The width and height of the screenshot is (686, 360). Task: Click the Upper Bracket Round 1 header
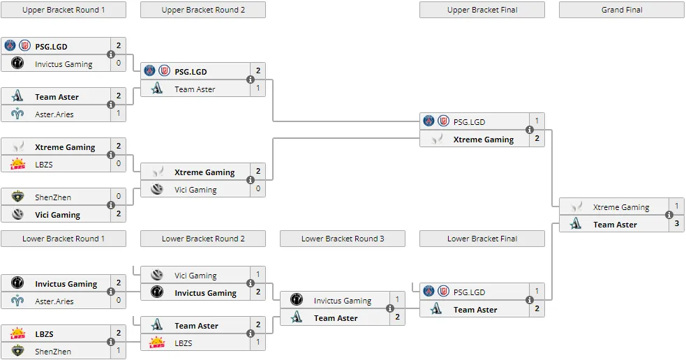[64, 10]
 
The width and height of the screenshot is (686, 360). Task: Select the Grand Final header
[622, 10]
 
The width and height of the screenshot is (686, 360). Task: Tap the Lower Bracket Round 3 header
[343, 239]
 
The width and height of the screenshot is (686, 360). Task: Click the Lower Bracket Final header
[482, 239]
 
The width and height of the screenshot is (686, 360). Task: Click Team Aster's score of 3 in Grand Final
[677, 223]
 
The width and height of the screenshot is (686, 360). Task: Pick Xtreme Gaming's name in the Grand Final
[621, 207]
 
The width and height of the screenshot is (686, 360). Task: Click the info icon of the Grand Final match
[669, 215]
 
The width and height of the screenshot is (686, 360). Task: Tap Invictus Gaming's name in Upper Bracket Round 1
[64, 64]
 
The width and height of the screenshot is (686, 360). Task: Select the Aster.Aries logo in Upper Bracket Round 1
[17, 114]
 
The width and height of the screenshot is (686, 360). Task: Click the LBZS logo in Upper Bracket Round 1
[17, 164]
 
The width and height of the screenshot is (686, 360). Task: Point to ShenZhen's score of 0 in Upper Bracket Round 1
[119, 196]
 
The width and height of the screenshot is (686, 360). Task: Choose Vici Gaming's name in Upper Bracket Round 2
[195, 190]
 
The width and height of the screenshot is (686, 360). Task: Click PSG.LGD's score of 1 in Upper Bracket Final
[537, 121]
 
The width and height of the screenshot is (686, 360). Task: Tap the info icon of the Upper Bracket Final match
[530, 130]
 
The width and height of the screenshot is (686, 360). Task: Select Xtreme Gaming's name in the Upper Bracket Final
[484, 140]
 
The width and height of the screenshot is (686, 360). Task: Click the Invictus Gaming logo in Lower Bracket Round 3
[297, 299]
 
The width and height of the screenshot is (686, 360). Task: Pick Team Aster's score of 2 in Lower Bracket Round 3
[397, 317]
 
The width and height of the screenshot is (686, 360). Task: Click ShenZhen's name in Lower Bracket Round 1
[53, 351]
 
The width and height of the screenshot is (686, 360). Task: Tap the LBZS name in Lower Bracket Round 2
[184, 343]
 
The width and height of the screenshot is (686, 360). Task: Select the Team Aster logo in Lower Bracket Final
[435, 309]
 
